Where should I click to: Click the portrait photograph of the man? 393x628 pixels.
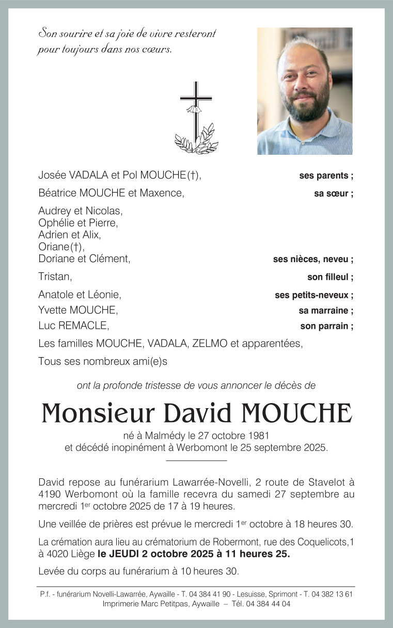pos(305,91)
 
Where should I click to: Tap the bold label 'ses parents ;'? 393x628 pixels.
pos(326,176)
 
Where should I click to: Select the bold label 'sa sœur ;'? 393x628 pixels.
pos(334,195)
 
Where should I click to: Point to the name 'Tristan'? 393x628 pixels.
pos(54,277)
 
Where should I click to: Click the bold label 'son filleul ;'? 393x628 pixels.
pos(330,278)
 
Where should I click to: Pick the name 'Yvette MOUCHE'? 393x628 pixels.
pos(77,310)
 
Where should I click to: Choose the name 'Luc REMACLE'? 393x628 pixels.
pos(73,326)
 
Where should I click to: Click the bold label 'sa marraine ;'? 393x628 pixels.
pos(326,311)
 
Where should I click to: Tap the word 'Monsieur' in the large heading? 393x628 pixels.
pos(98,413)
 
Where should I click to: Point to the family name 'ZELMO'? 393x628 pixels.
pos(209,344)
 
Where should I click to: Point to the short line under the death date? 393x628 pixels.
pos(196,460)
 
